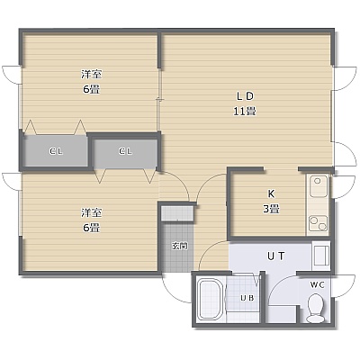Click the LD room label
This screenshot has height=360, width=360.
click(245, 96)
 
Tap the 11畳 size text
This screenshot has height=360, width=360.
click(245, 112)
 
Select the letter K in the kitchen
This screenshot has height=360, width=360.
click(271, 193)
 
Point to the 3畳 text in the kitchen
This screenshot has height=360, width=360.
click(271, 209)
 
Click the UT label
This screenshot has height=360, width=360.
click(275, 256)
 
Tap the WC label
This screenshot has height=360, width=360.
click(317, 285)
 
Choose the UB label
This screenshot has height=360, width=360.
click(247, 298)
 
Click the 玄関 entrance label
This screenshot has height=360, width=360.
click(180, 247)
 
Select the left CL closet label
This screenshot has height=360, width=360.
click(56, 151)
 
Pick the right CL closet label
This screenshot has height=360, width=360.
click(125, 151)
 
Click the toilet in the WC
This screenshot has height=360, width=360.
click(315, 308)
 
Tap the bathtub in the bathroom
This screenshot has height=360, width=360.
click(211, 300)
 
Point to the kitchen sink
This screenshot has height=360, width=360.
click(319, 186)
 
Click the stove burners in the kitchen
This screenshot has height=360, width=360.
click(319, 223)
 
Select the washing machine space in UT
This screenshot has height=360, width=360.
click(321, 255)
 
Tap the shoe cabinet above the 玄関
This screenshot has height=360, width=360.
click(177, 213)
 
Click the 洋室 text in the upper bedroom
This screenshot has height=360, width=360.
click(91, 74)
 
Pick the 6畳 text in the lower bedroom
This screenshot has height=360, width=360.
click(91, 228)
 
